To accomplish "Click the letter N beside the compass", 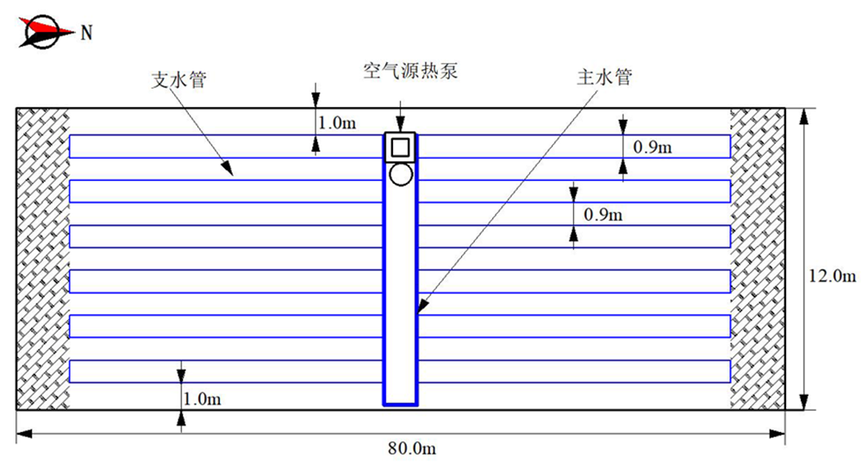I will tap(86, 34).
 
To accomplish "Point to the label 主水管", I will tap(603, 78).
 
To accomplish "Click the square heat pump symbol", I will tap(399, 147).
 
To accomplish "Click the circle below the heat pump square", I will tap(399, 175).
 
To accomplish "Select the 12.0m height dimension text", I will tap(833, 277).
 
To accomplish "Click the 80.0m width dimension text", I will tap(414, 448).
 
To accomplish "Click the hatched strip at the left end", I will tap(42, 259).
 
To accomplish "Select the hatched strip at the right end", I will tap(757, 259).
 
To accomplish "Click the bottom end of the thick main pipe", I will tap(400, 402).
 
